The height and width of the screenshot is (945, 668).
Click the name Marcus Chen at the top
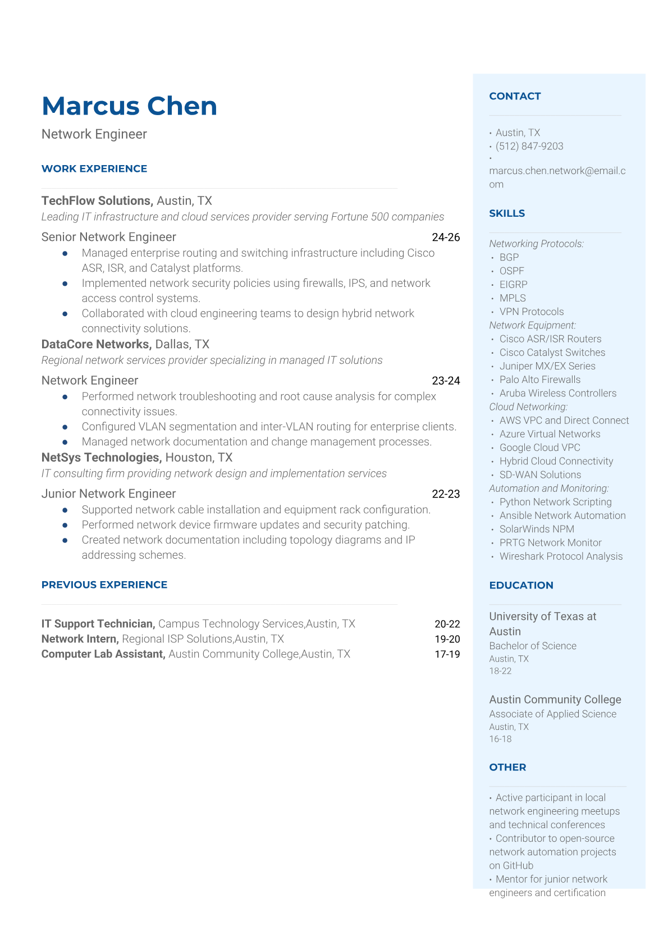129,106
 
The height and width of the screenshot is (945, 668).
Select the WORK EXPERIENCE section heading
94,168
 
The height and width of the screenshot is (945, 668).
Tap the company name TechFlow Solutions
97,201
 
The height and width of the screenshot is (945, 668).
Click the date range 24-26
446,238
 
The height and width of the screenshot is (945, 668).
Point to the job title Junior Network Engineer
108,494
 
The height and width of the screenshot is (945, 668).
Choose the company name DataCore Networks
95,344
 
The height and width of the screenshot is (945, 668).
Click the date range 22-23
446,494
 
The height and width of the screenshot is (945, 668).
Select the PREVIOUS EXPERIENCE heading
104,585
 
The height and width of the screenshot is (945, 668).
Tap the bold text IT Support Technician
98,624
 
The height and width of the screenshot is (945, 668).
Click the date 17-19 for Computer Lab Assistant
447,654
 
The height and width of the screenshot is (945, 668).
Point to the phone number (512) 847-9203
529,147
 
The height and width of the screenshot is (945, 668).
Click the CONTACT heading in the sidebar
515,96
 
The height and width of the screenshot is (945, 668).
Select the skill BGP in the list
509,257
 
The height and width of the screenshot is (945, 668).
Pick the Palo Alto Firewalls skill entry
540,380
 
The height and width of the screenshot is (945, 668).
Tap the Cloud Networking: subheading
528,407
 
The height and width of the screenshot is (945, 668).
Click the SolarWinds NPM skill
537,529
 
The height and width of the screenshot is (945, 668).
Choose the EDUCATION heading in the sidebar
521,585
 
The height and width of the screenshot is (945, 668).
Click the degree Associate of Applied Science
552,714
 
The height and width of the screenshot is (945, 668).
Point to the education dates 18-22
500,671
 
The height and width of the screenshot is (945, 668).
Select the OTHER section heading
507,767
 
